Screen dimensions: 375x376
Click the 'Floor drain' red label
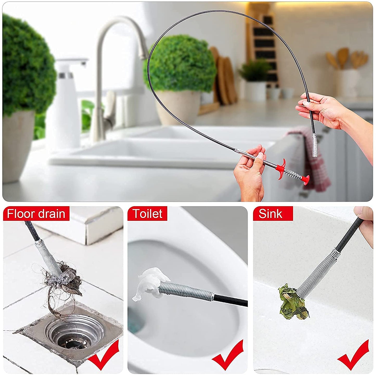[36, 214]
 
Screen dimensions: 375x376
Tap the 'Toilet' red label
[148, 214]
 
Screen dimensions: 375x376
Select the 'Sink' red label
[271, 214]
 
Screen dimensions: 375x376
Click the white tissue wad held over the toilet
[148, 283]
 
